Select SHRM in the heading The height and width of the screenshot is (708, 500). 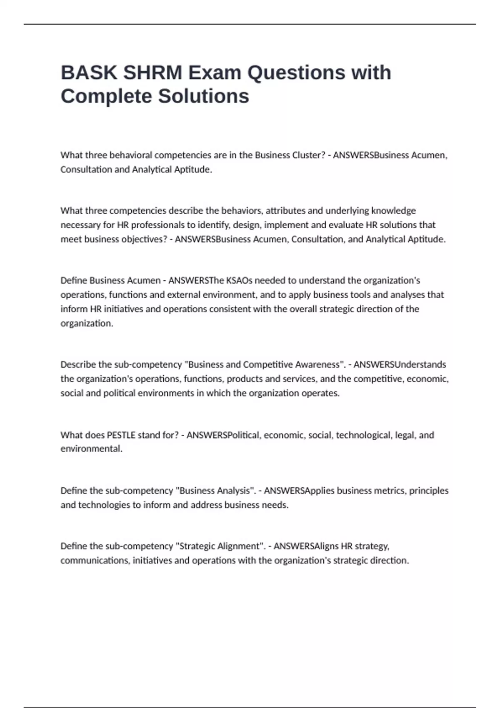point(152,73)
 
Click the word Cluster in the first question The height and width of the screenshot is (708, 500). point(308,155)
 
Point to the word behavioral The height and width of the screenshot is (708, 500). point(131,155)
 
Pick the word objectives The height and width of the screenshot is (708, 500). point(143,239)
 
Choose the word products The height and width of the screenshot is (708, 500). point(244,379)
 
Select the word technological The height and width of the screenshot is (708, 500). point(364,435)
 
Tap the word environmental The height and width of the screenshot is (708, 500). point(91,449)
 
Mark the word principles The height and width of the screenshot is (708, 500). point(429,491)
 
